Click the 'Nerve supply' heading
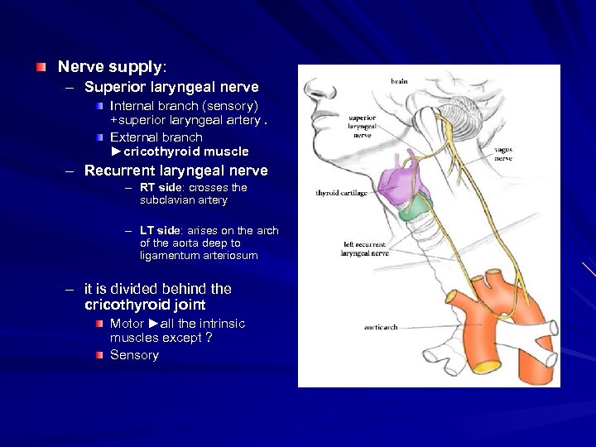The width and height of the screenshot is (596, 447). click(110, 65)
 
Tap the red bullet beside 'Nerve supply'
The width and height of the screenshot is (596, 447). click(41, 65)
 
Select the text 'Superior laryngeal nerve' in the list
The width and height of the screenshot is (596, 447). click(171, 87)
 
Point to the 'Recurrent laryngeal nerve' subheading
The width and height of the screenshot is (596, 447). click(175, 171)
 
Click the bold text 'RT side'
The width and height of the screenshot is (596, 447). click(160, 187)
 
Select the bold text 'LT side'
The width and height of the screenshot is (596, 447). click(160, 230)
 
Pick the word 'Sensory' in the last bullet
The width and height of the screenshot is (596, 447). click(134, 355)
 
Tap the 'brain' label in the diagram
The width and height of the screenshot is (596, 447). click(400, 82)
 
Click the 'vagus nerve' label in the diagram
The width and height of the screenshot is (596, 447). click(502, 153)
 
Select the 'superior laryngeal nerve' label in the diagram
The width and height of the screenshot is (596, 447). click(362, 127)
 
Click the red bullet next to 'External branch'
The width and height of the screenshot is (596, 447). click(100, 137)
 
